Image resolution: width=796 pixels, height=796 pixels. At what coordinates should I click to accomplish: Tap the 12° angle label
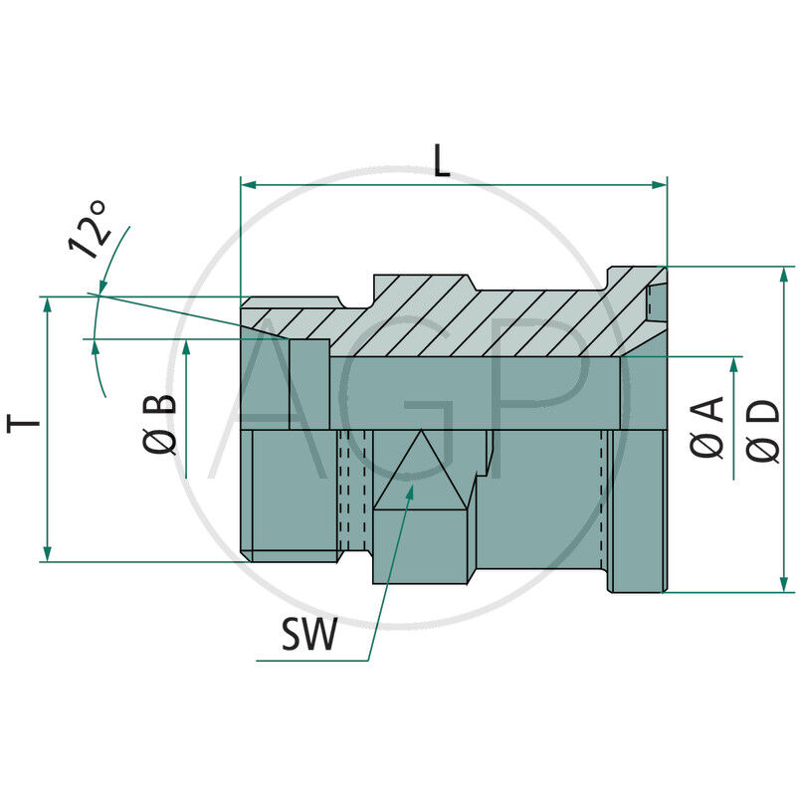[88, 230]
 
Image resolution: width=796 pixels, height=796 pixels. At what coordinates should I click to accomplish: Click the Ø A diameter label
[707, 427]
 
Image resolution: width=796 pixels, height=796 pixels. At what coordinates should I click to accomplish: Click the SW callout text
[308, 634]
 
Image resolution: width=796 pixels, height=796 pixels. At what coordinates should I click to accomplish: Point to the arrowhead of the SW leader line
[410, 490]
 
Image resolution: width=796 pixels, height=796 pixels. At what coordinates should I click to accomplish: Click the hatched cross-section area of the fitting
[478, 318]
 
